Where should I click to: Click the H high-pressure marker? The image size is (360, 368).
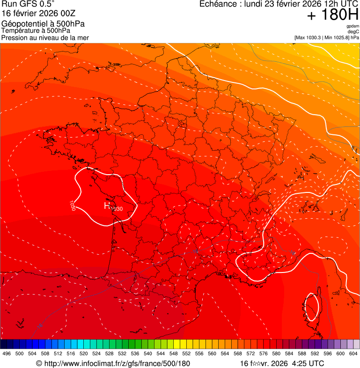click(x=107, y=205)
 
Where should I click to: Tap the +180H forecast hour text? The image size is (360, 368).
click(x=332, y=15)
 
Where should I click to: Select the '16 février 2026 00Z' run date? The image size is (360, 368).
click(x=38, y=14)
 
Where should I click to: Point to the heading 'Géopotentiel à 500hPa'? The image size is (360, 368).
click(x=43, y=24)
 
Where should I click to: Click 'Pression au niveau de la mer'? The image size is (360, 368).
click(x=45, y=37)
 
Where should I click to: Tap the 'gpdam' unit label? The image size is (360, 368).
click(x=353, y=26)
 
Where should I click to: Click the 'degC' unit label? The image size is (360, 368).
click(x=353, y=32)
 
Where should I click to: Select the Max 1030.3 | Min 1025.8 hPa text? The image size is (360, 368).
click(x=326, y=37)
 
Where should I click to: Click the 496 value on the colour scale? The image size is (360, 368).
click(x=7, y=353)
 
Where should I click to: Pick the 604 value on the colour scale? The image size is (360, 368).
click(x=354, y=353)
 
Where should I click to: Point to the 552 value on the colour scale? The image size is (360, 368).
click(x=186, y=353)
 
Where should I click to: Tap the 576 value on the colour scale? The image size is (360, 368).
click(x=264, y=353)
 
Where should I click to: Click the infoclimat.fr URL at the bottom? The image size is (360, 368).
click(x=113, y=363)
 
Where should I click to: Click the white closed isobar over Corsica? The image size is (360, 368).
click(x=318, y=304)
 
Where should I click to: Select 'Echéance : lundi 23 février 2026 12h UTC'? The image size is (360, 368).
click(x=279, y=4)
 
